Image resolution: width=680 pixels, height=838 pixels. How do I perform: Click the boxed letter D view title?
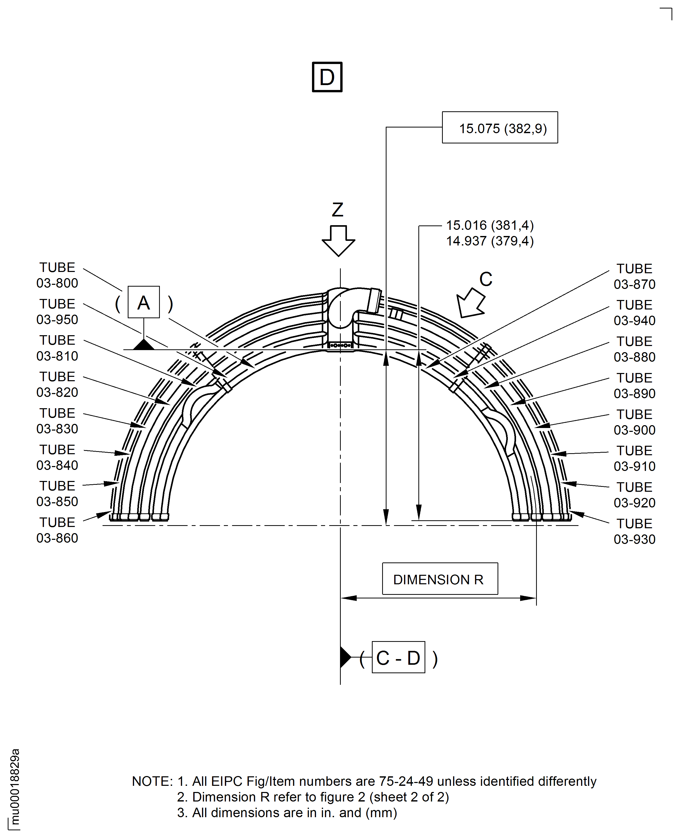pos(327,77)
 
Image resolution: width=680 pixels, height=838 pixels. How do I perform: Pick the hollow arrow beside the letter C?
pos(471,303)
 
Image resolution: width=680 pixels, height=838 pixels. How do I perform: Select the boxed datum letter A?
pos(144,302)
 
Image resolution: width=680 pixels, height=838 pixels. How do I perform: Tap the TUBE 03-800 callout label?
pos(57,275)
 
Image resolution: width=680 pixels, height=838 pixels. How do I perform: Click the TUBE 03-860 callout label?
pos(57,530)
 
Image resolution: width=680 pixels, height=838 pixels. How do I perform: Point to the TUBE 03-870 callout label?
pos(635,276)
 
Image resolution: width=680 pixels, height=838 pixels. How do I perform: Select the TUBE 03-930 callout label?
pos(635,531)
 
